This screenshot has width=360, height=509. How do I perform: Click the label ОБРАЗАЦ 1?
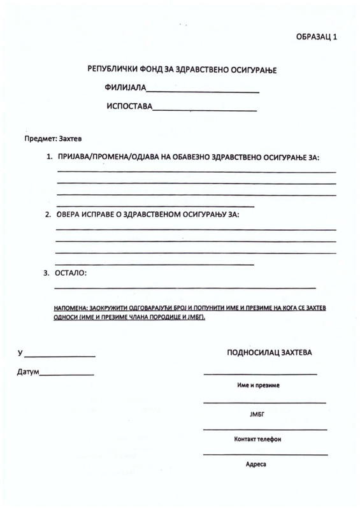317,37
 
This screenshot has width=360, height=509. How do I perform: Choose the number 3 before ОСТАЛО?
46,273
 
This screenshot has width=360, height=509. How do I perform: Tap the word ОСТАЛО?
72,273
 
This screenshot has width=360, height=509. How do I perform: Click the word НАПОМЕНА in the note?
71,308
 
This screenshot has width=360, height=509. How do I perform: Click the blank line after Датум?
67,375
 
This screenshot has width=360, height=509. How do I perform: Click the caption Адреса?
256,464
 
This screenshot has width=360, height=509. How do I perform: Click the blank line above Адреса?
265,454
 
